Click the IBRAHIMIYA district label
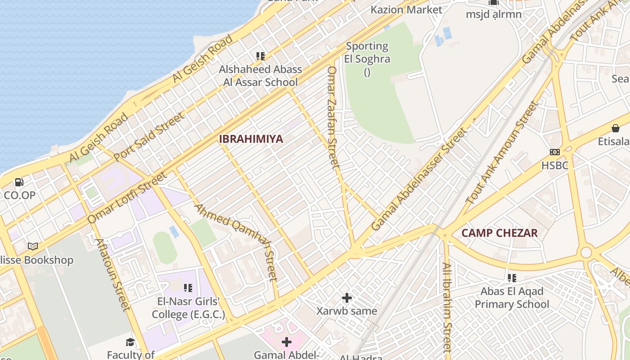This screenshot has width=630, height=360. pos(251,139)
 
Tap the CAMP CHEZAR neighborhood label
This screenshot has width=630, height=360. pos(499,233)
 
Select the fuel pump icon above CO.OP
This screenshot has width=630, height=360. pos(19,182)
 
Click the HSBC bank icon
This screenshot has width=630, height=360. pos(555,152)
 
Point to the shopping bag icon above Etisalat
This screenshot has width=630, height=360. pos(616,129)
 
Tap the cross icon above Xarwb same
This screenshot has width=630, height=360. pos(346,297)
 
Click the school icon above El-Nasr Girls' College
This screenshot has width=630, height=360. pos(188,288)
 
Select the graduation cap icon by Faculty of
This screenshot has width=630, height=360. pos(130,342)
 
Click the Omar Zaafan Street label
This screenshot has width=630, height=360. pos(333,118)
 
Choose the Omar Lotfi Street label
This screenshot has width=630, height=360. pos(127,198)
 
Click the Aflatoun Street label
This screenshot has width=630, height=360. pos(112,274)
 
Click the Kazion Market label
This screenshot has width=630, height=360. pos(406,9)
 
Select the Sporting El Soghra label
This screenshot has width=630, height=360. pos(367,52)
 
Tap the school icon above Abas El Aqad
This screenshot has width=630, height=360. pos(512,278)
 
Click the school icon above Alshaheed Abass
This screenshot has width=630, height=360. pos(260,56)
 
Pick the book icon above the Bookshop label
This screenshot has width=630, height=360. pos(33,246)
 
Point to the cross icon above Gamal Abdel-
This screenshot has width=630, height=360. pos(286,342)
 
